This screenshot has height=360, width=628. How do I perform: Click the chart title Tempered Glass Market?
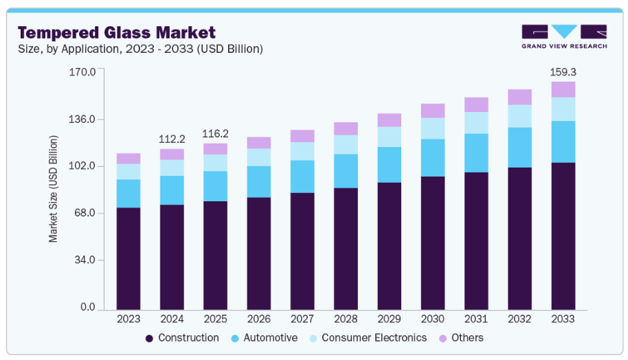(116, 32)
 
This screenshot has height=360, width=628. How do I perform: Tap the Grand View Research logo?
(564, 36)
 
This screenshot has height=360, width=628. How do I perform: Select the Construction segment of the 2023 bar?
(128, 258)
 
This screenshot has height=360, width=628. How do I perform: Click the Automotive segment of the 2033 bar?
(563, 142)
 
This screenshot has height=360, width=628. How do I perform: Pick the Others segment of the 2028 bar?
(346, 128)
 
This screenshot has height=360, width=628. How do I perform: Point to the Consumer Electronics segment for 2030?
(433, 128)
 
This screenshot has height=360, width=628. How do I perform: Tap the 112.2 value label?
(172, 139)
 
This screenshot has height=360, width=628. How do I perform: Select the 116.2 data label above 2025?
(215, 133)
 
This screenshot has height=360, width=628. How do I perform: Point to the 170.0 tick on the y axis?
(82, 71)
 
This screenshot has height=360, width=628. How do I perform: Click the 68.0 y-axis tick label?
(85, 213)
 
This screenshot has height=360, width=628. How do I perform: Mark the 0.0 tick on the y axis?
(88, 307)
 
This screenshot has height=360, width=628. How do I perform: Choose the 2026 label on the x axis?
(259, 319)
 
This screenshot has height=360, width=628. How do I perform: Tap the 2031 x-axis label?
(476, 319)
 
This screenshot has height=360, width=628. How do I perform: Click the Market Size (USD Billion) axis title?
(54, 189)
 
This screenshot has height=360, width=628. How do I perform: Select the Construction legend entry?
(182, 338)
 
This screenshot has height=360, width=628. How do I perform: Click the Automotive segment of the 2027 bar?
(302, 177)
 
